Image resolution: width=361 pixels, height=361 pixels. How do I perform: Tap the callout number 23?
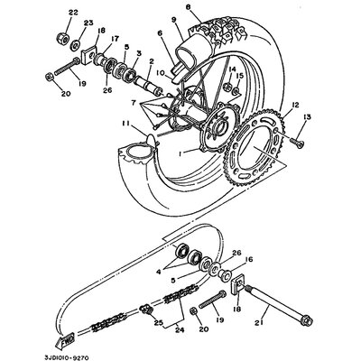point(88,23)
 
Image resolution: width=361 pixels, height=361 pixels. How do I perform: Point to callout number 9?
point(173,20)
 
